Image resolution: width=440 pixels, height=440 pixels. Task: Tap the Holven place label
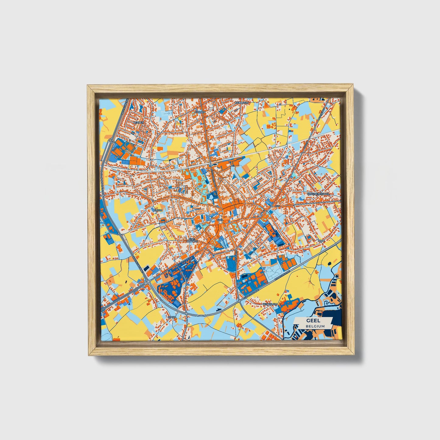click(200, 112)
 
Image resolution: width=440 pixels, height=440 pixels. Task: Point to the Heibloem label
click(242, 103)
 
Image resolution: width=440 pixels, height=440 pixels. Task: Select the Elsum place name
click(158, 210)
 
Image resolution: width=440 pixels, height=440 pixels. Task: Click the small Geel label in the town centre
click(220, 219)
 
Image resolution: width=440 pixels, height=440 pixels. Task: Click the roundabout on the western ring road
click(147, 281)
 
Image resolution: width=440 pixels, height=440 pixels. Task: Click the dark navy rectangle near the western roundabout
click(146, 268)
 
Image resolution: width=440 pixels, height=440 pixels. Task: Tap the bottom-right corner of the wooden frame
click(354, 355)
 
